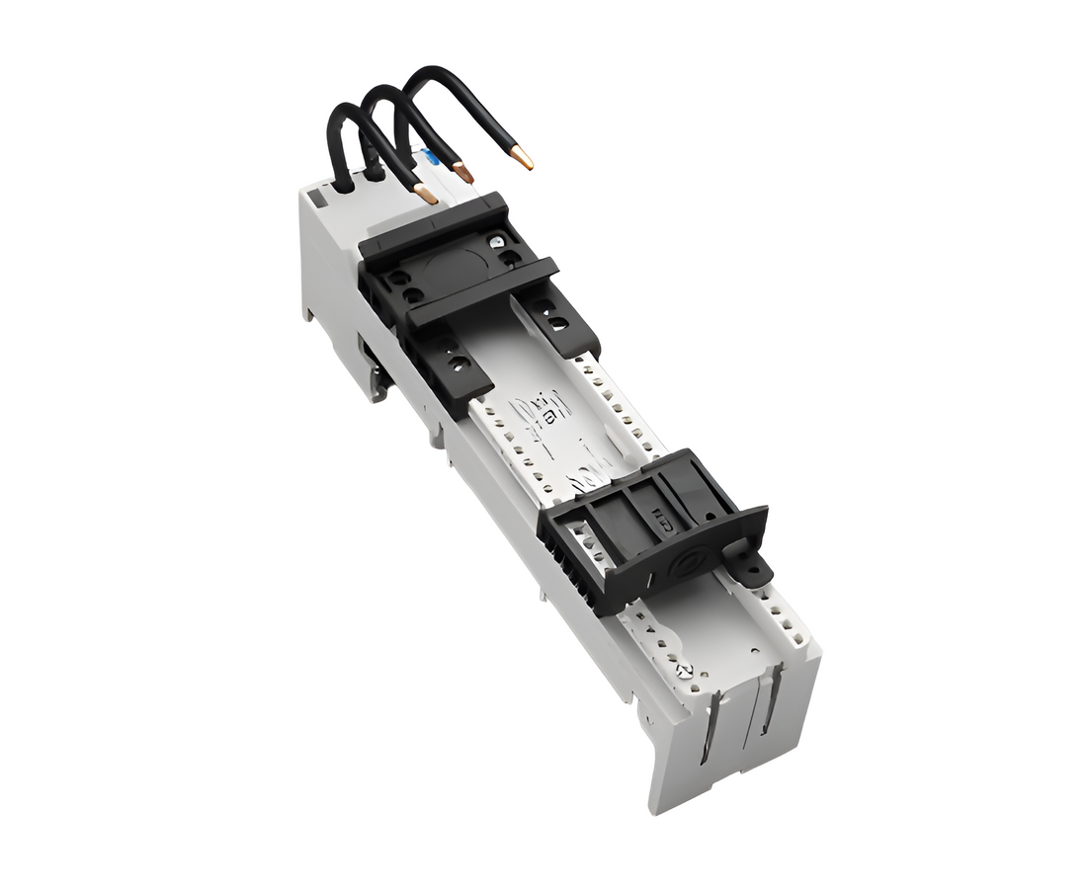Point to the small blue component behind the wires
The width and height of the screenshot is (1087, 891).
pos(431,157)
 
